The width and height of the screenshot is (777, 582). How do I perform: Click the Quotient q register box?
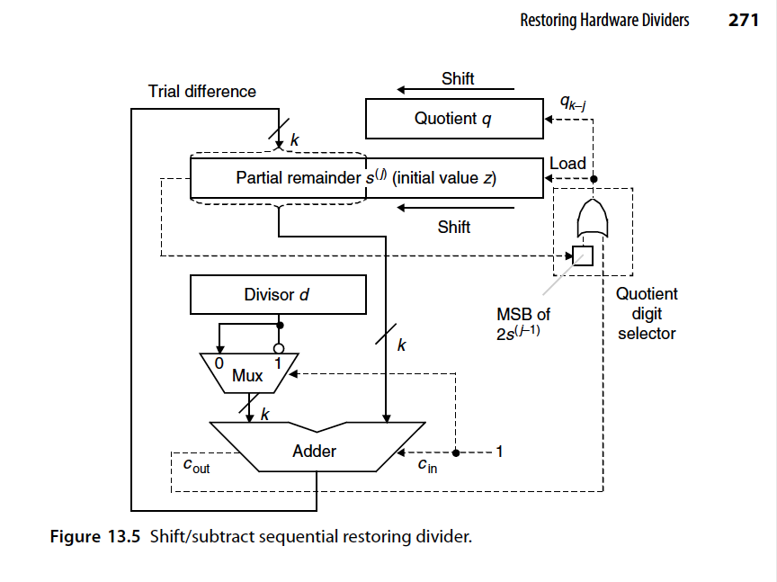click(453, 119)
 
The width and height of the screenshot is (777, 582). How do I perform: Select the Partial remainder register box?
click(366, 178)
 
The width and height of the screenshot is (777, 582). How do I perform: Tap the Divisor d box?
click(278, 294)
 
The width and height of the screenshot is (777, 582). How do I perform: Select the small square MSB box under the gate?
click(583, 255)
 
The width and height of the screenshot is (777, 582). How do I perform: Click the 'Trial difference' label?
click(201, 92)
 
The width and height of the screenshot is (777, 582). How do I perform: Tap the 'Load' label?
click(567, 164)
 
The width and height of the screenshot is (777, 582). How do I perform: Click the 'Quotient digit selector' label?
click(647, 314)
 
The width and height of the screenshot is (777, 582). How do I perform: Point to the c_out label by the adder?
click(196, 466)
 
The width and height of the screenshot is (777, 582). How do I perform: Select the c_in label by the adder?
click(426, 466)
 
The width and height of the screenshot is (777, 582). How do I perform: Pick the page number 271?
click(744, 20)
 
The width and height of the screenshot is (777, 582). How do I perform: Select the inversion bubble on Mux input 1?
click(280, 348)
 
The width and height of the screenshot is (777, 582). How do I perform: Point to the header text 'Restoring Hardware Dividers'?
click(604, 20)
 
